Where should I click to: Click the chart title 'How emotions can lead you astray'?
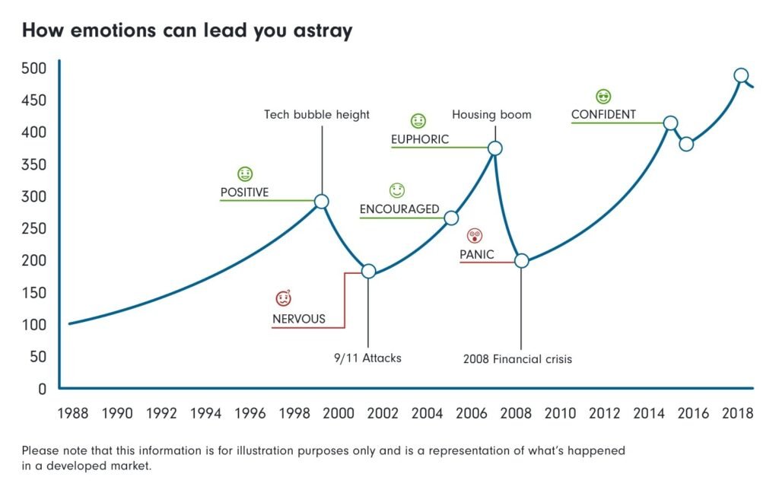[186, 31]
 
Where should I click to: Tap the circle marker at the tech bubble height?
[322, 202]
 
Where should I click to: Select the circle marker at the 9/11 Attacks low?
[368, 271]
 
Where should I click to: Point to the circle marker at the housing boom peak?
[494, 148]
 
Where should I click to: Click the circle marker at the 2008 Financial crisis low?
[521, 260]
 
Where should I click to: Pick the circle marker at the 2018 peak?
[742, 75]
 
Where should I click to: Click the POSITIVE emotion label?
[244, 193]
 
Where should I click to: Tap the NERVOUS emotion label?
[298, 319]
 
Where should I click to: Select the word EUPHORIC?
[420, 139]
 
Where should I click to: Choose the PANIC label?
[477, 254]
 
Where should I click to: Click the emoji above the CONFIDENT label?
[604, 97]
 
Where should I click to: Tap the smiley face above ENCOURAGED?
[397, 189]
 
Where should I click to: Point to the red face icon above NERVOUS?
[283, 298]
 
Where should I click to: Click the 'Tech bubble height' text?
[316, 115]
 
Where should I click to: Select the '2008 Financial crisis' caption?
[517, 358]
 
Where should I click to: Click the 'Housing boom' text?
[491, 115]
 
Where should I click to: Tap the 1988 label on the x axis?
[73, 413]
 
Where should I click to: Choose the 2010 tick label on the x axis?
[561, 413]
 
